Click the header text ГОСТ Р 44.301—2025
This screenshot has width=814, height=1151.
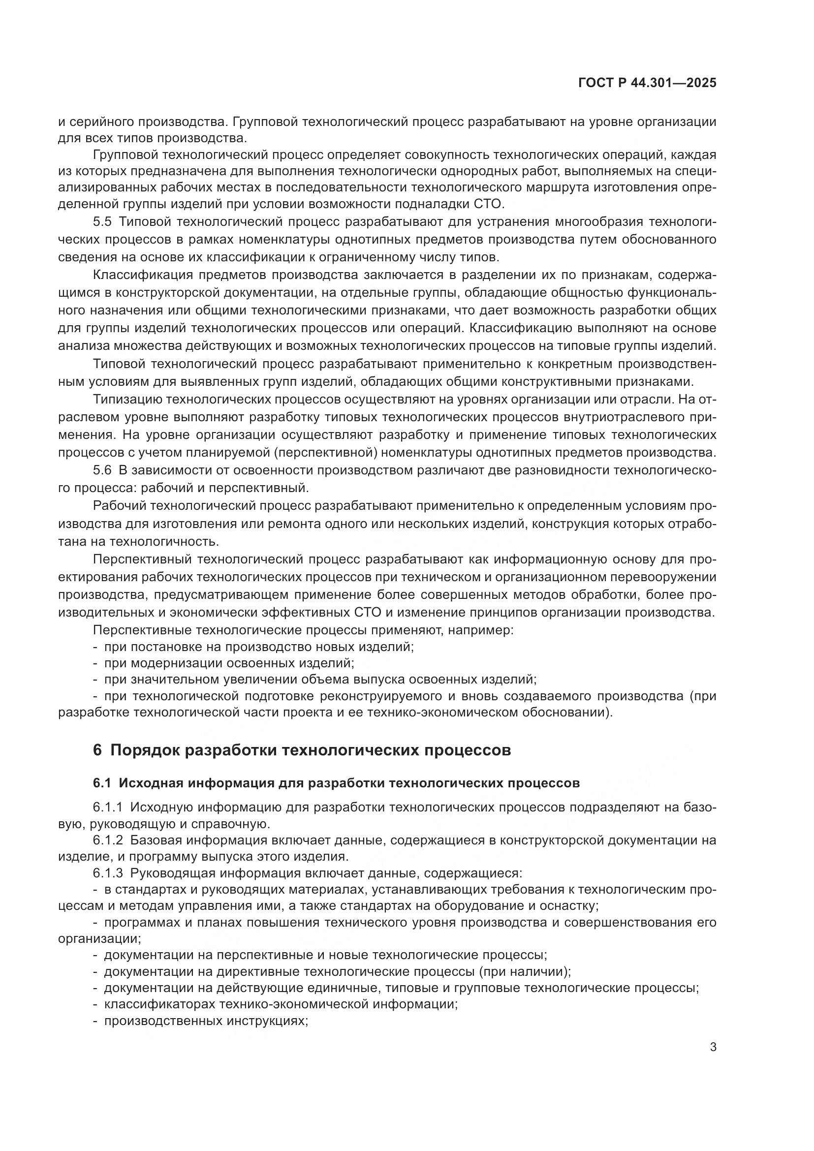pyautogui.click(x=647, y=83)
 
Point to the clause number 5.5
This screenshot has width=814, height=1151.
pyautogui.click(x=103, y=221)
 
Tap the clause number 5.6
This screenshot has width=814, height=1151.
pyautogui.click(x=103, y=470)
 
